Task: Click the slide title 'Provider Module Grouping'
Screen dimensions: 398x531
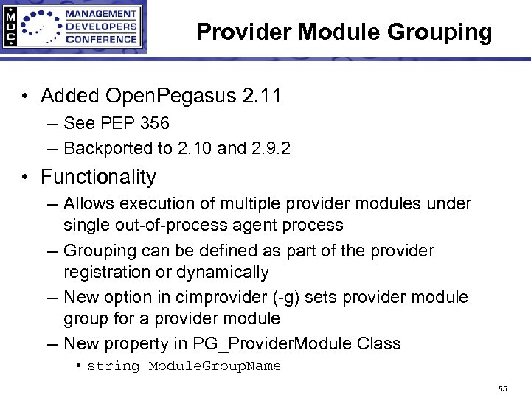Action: click(x=344, y=32)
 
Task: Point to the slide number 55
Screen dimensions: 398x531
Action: click(x=502, y=388)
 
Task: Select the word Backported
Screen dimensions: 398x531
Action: click(x=108, y=148)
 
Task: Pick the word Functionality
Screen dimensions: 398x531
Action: click(x=99, y=177)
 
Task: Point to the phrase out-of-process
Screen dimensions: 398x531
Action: click(x=164, y=225)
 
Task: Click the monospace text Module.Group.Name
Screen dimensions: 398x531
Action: click(x=215, y=366)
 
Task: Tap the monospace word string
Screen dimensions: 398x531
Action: click(x=113, y=366)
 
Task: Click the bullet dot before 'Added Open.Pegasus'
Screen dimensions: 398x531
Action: click(x=25, y=97)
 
